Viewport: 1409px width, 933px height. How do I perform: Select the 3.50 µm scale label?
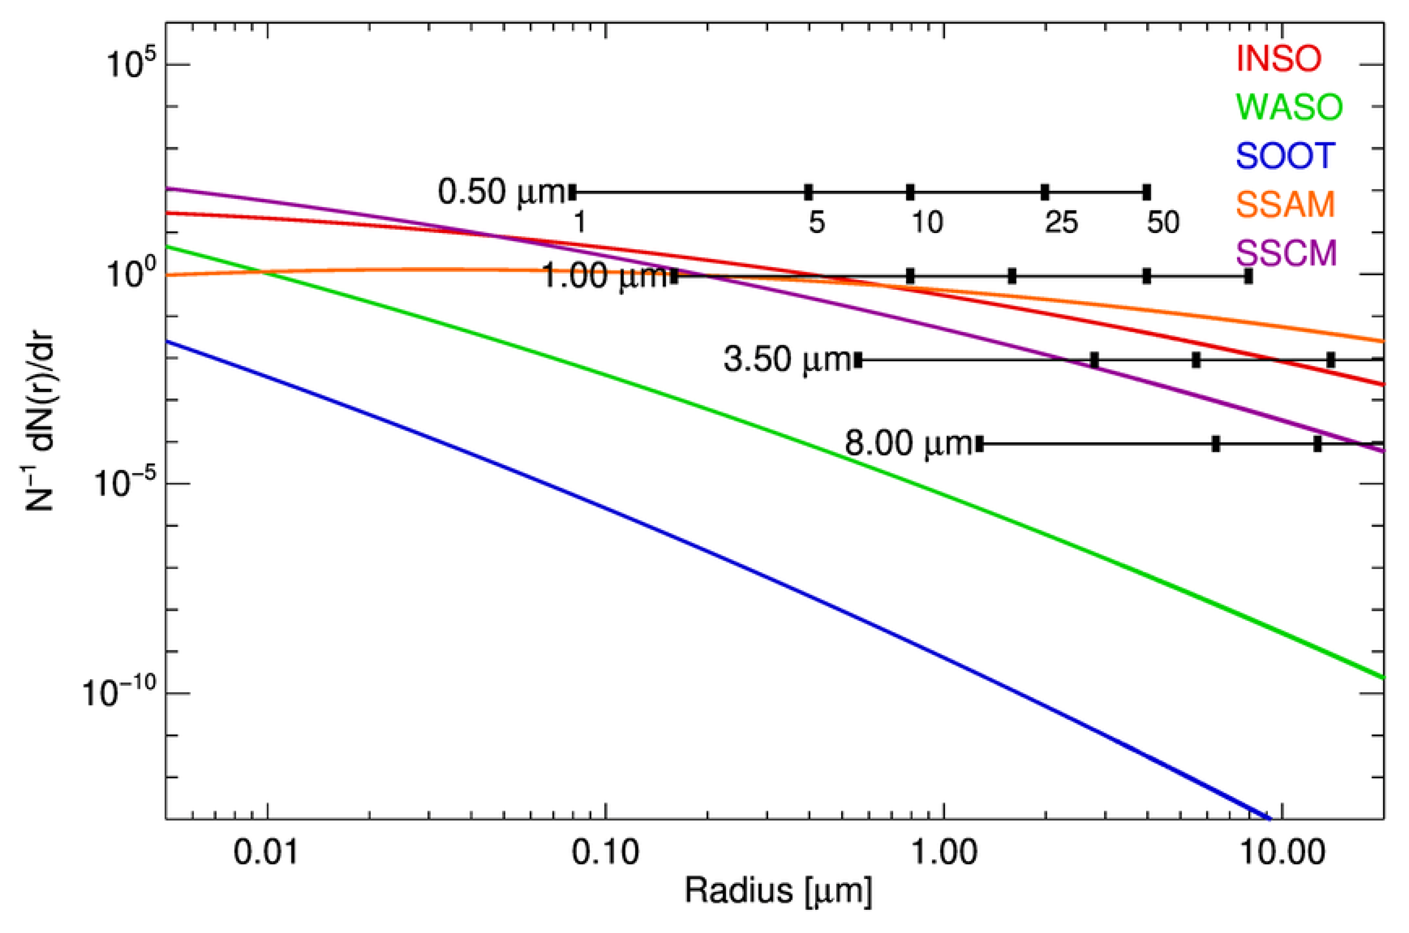click(787, 360)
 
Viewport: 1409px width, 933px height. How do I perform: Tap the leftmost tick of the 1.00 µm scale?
click(674, 276)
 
